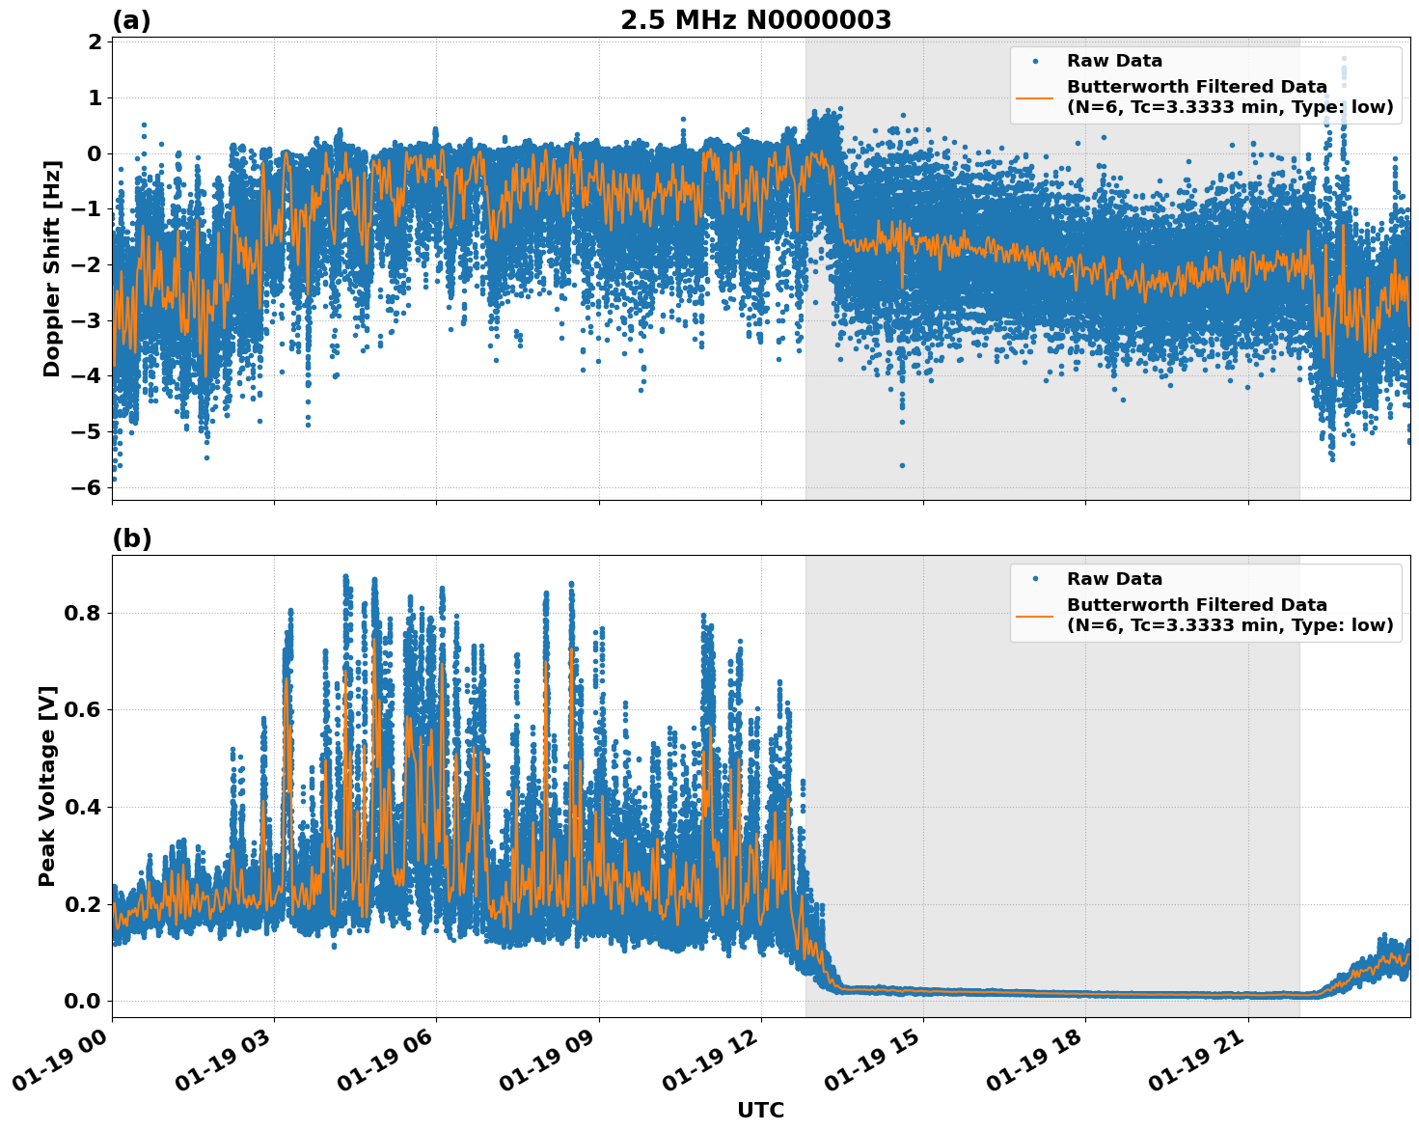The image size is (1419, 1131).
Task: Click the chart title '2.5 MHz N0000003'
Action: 755,20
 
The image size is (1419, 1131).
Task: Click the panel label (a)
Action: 131,20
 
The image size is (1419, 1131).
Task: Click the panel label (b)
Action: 131,538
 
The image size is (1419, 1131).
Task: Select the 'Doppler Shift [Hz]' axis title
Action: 52,268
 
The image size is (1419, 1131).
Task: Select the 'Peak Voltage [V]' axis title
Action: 47,786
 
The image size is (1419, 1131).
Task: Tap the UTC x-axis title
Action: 760,1110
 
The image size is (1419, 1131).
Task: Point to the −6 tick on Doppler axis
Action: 87,487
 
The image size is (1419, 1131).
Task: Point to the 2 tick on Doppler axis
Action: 95,42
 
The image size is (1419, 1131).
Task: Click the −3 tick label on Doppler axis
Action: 87,320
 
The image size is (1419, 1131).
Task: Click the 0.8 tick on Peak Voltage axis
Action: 83,613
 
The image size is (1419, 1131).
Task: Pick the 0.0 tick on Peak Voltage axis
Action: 83,1001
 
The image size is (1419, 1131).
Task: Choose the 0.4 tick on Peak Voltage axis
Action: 83,807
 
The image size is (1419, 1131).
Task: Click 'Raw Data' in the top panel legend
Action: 1114,61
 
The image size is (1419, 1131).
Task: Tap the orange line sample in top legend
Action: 1034,97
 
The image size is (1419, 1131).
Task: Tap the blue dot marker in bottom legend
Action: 1034,579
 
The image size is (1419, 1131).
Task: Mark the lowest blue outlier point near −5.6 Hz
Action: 902,465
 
